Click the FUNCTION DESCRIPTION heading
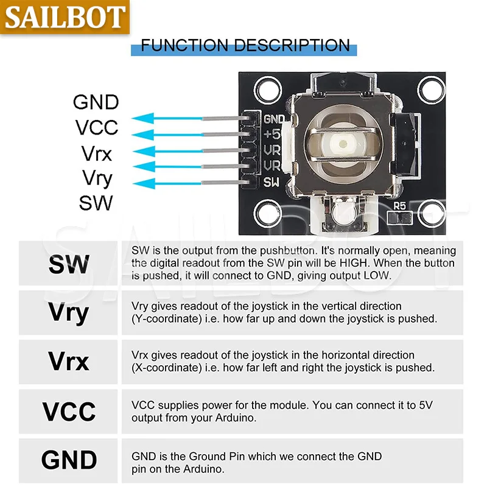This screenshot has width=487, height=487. point(245,45)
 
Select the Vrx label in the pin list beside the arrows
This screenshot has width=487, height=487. point(96,153)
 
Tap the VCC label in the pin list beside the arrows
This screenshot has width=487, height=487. point(96,127)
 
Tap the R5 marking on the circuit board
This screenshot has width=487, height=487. point(400,206)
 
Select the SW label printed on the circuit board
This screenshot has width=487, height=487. point(272,181)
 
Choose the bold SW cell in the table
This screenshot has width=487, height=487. point(69,264)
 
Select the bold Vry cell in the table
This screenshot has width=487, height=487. point(69,313)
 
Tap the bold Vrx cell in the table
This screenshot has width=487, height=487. point(69,362)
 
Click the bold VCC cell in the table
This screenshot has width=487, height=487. point(69,412)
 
